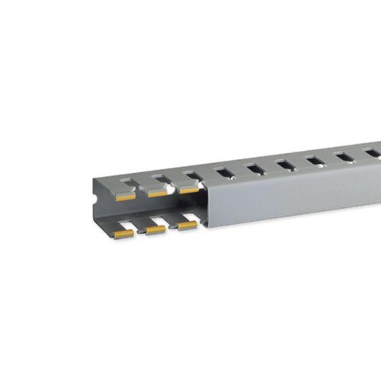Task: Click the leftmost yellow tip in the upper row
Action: click(x=126, y=196)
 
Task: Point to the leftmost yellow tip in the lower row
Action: click(x=123, y=233)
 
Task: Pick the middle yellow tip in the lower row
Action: click(x=155, y=229)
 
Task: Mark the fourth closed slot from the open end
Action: click(x=314, y=160)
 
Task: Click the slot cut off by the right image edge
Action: click(x=373, y=152)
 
